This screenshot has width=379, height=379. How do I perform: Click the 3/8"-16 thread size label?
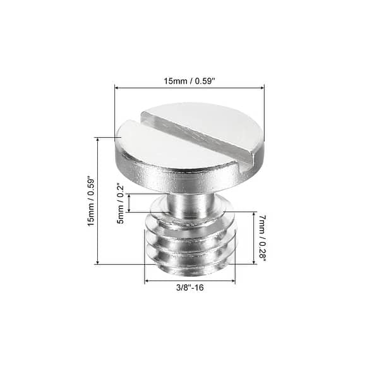[189, 287]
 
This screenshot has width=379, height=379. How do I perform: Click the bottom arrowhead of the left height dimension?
[97, 262]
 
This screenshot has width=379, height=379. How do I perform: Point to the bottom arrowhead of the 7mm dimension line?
[255, 262]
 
